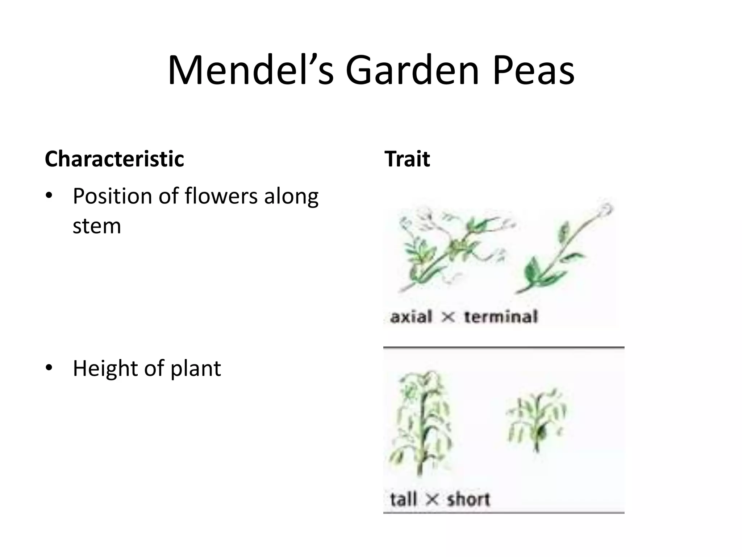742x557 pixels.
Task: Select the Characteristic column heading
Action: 114,159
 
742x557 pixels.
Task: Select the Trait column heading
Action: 407,159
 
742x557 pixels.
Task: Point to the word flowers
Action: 221,196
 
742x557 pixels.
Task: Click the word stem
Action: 97,226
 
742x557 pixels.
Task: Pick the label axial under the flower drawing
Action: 411,317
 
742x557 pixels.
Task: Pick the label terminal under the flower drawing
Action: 501,317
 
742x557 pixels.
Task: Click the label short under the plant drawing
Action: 468,499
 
